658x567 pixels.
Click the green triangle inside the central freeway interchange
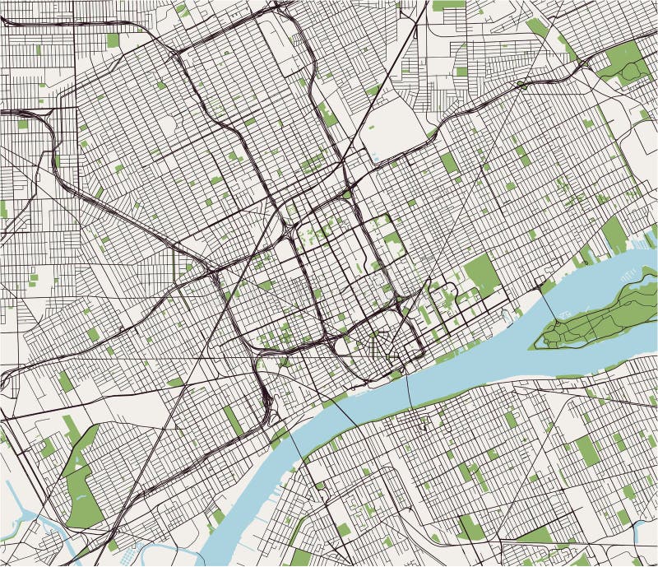[346, 194]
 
